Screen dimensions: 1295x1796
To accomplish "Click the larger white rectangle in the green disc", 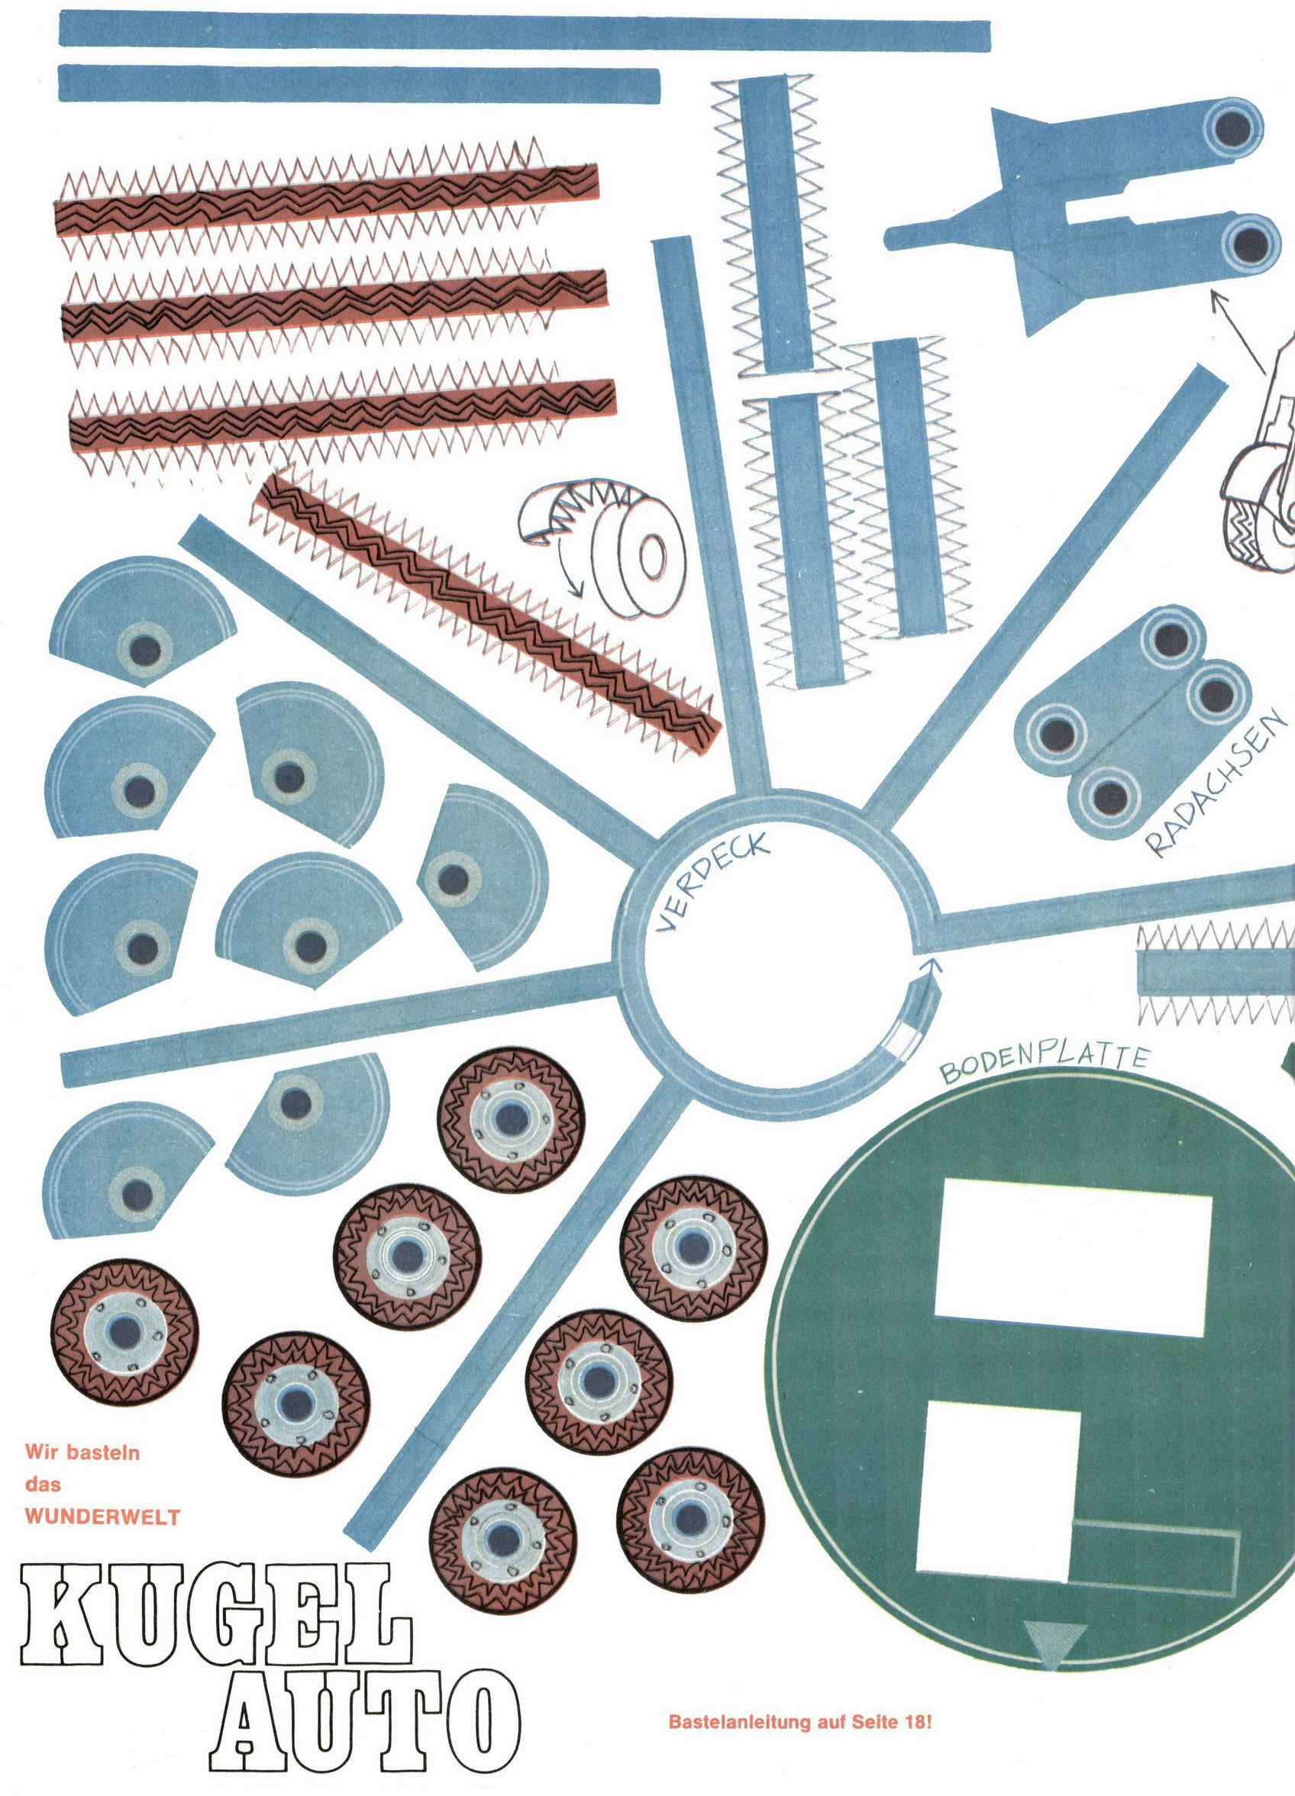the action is pyautogui.click(x=1073, y=1266).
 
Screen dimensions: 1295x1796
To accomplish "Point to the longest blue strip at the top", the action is pyautogui.click(x=525, y=34).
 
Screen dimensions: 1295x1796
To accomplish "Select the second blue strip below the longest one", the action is pyautogui.click(x=360, y=85).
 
